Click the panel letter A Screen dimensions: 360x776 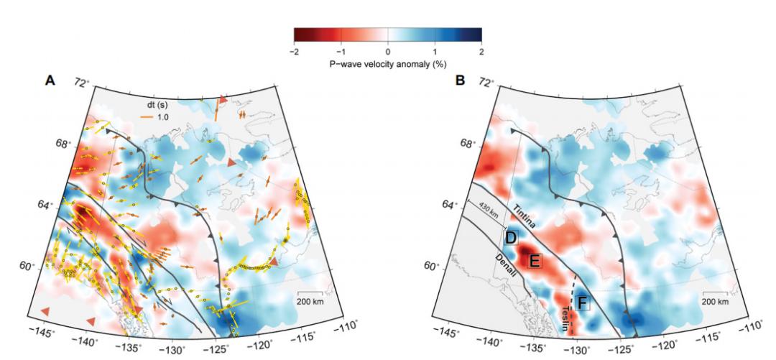coord(50,80)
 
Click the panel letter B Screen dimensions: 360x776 coord(461,80)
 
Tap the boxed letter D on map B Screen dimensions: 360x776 coord(512,237)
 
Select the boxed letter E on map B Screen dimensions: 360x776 coord(534,262)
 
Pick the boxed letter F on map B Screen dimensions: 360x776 coord(582,303)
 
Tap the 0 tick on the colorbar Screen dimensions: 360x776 coord(388,52)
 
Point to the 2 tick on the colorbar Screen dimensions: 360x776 coord(481,52)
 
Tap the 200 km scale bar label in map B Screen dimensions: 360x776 coord(716,301)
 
